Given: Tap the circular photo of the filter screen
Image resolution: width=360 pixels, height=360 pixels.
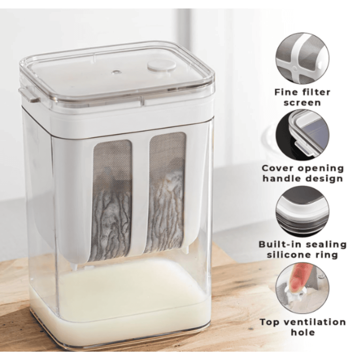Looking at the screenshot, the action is pos(302,59).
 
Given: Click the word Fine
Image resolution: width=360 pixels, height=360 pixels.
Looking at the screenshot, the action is pos(286,92).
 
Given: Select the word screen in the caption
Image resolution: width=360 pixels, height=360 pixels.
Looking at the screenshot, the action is pos(302,103).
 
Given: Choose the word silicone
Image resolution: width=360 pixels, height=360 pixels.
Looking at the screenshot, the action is pos(289,255).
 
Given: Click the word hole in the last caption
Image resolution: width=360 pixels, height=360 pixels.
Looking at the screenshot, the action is pos(303,332).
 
